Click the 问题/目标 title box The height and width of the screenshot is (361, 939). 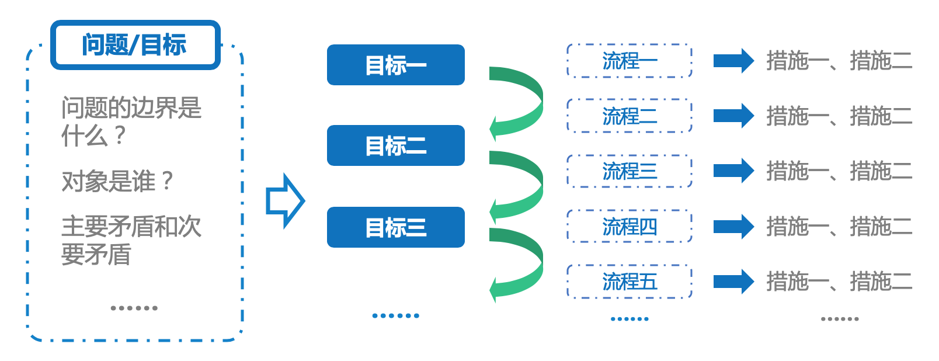pyautogui.click(x=135, y=45)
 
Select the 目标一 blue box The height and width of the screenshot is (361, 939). pyautogui.click(x=395, y=65)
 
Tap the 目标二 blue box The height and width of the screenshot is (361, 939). pyautogui.click(x=395, y=145)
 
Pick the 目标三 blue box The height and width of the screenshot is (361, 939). pyautogui.click(x=395, y=227)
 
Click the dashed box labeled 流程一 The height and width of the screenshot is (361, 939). pyautogui.click(x=629, y=61)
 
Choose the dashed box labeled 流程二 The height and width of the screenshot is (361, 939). pyautogui.click(x=629, y=116)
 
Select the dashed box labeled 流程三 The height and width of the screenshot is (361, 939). pyautogui.click(x=629, y=171)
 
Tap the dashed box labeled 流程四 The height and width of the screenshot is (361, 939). pyautogui.click(x=629, y=226)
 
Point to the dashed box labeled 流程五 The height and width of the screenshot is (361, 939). pyautogui.click(x=629, y=281)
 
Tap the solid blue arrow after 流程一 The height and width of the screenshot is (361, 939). pyautogui.click(x=733, y=61)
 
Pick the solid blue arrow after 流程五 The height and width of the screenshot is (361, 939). pyautogui.click(x=733, y=281)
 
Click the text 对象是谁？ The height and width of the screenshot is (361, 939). pyautogui.click(x=117, y=181)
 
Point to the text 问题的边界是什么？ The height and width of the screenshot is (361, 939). pyautogui.click(x=131, y=122)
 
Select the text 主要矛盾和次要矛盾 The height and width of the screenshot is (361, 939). pyautogui.click(x=131, y=240)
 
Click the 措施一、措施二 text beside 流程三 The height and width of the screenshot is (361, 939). pyautogui.click(x=839, y=171)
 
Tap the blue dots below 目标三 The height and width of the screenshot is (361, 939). pyautogui.click(x=395, y=315)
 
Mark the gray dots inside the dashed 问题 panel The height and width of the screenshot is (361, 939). pyautogui.click(x=134, y=308)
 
